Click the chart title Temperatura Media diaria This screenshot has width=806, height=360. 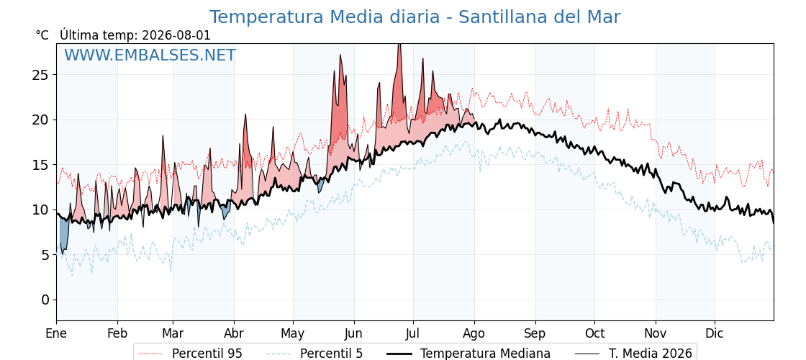point(325,17)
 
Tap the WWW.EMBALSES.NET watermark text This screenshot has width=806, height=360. point(150,55)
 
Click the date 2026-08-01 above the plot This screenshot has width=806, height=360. point(176,35)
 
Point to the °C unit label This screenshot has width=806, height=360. point(42,35)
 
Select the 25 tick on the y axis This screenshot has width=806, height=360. point(42,75)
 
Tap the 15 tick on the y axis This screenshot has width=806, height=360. point(42,165)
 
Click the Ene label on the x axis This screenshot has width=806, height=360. point(56,334)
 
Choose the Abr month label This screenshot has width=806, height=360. point(234,334)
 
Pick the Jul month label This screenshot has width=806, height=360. point(413,334)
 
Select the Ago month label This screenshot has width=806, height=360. point(474,334)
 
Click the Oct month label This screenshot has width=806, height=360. point(594,334)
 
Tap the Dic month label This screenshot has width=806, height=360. point(715,334)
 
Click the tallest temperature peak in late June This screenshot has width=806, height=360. point(399,45)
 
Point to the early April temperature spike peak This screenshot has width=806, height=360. point(245,114)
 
